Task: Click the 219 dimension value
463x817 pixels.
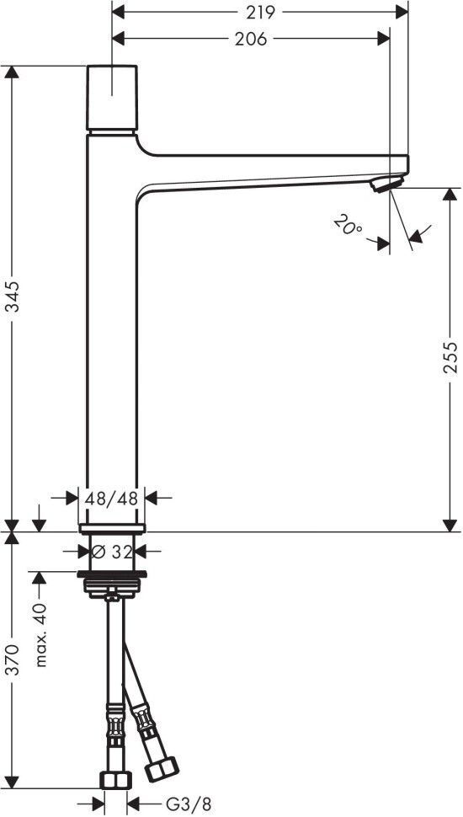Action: coord(260,12)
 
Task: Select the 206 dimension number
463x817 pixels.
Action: coord(251,39)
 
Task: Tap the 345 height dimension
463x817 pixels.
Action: coord(12,296)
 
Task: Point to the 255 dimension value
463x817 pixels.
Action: coord(450,357)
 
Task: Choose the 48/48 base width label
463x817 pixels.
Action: coord(111,499)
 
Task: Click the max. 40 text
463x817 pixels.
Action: coord(41,635)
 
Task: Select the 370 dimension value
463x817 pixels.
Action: coord(12,659)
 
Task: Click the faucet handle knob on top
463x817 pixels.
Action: coord(112,98)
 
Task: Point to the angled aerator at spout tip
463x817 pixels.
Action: coord(387,184)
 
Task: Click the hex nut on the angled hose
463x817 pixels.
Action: coord(162,769)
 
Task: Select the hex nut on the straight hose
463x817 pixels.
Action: coord(115,780)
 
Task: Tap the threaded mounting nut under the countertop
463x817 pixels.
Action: coord(111,585)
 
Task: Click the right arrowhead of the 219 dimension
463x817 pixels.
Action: coord(402,12)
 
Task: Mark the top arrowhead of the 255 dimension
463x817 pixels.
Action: coord(450,195)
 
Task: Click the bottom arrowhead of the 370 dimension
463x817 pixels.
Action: coord(12,782)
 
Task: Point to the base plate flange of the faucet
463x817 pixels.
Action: coord(111,529)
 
